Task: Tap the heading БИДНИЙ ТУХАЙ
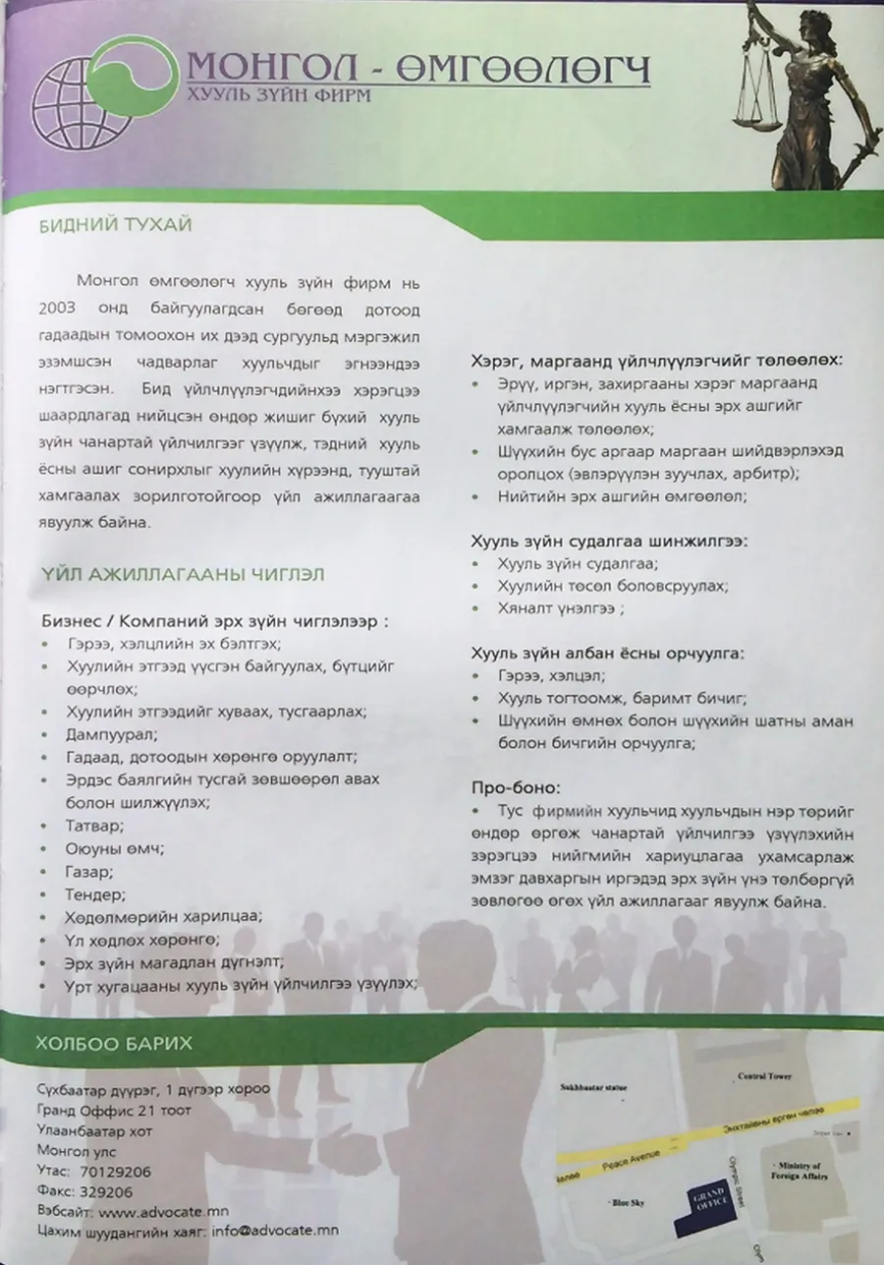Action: click(x=115, y=225)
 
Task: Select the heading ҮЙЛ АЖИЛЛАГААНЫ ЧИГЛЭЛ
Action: click(x=184, y=573)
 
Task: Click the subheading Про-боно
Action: click(x=517, y=788)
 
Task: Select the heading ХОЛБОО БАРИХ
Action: click(x=113, y=1042)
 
